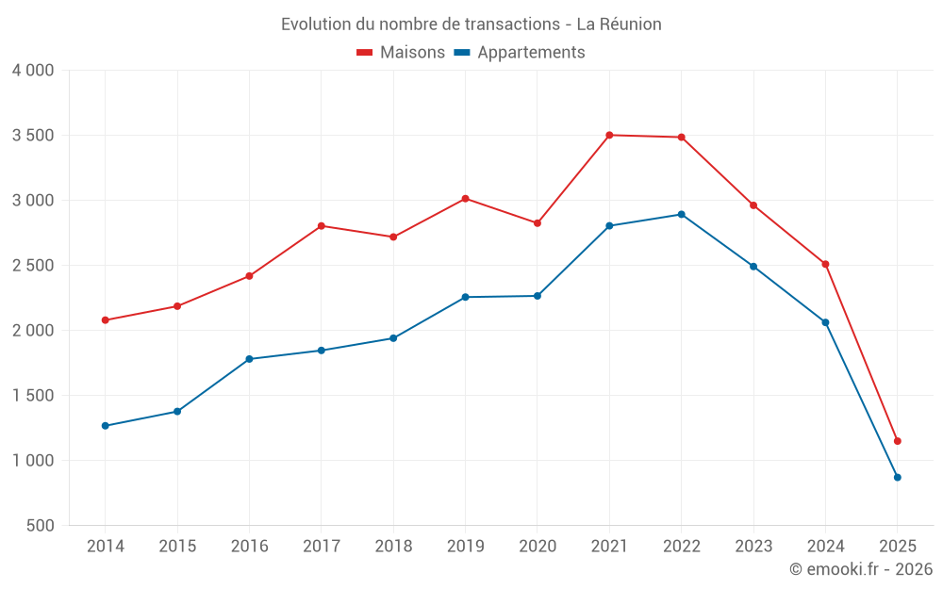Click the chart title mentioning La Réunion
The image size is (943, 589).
(471, 24)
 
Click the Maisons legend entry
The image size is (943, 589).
(401, 53)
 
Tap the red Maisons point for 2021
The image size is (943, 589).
(609, 135)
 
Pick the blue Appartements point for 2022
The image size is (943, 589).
(681, 214)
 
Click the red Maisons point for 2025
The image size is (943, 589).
(897, 441)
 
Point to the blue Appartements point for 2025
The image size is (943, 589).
(897, 477)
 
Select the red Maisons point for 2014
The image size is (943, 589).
(105, 320)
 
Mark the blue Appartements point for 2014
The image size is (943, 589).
(105, 426)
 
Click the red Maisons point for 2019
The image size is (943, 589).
(465, 199)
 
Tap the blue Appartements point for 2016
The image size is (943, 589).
(249, 359)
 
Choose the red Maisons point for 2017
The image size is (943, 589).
(321, 226)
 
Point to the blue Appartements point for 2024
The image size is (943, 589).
(825, 322)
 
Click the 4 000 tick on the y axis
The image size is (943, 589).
(33, 71)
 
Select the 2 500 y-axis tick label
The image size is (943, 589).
(33, 266)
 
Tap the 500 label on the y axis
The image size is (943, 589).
(41, 526)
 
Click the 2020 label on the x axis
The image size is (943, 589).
(537, 547)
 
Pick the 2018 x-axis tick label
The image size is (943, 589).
(393, 547)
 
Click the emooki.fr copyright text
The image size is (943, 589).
(860, 569)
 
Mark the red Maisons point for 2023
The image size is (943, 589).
(753, 205)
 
